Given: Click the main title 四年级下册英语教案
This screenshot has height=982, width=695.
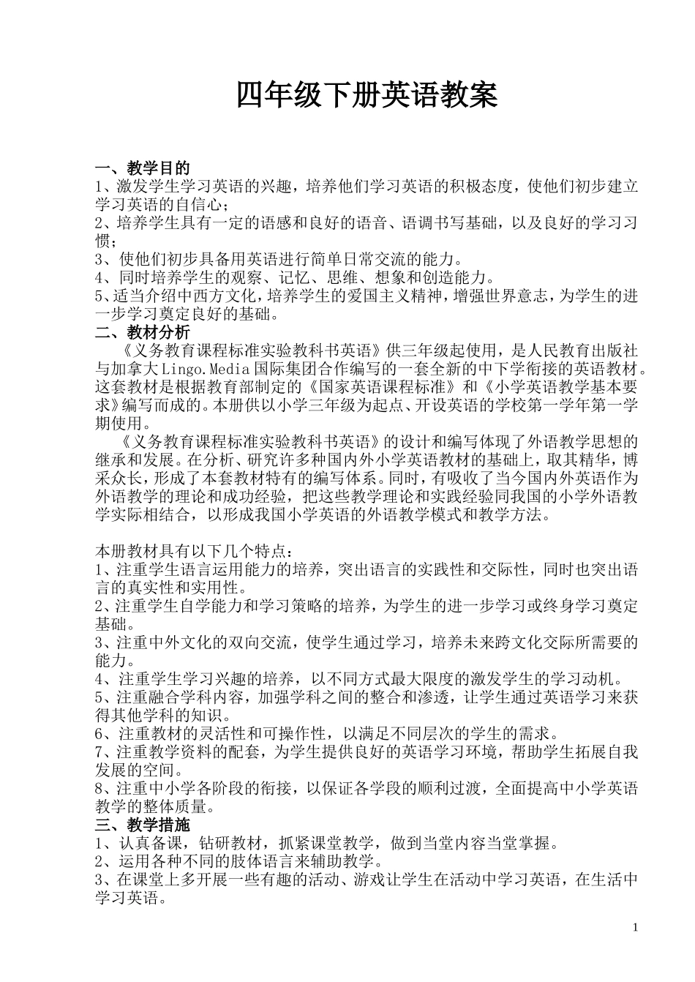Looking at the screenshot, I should point(367,96).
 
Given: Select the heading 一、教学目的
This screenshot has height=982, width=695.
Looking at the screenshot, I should point(143,168).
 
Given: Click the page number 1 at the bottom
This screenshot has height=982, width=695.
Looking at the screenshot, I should point(635,929).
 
